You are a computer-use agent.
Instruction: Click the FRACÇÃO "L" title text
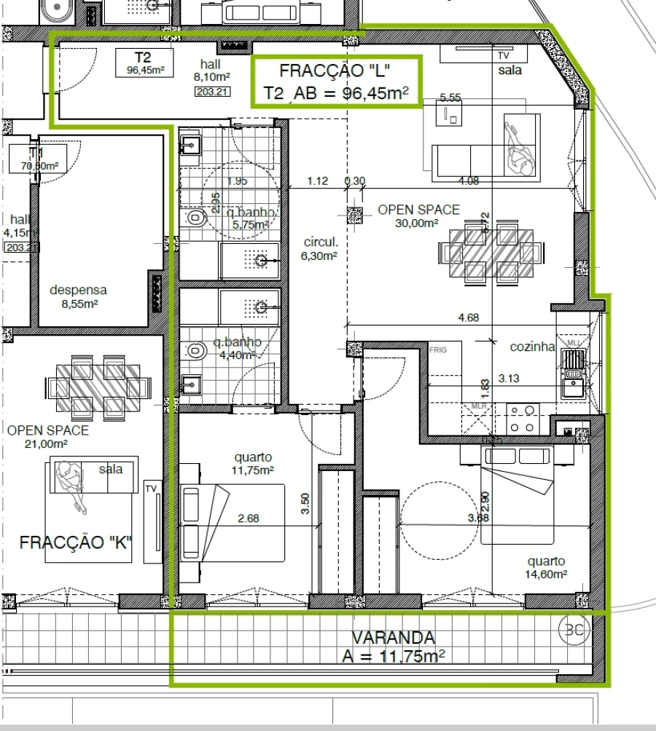click(335, 71)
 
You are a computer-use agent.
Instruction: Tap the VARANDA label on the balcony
click(393, 638)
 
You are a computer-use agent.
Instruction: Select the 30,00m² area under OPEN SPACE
click(417, 224)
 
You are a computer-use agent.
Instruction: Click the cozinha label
click(532, 347)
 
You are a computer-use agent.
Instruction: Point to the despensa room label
click(78, 290)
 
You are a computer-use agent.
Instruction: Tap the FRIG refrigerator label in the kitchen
click(438, 349)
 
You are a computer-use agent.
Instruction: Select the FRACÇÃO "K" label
click(77, 542)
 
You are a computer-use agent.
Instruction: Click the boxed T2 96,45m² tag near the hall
click(144, 63)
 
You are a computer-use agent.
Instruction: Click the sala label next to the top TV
click(510, 71)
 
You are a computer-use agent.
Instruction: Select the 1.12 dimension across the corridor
click(318, 181)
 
